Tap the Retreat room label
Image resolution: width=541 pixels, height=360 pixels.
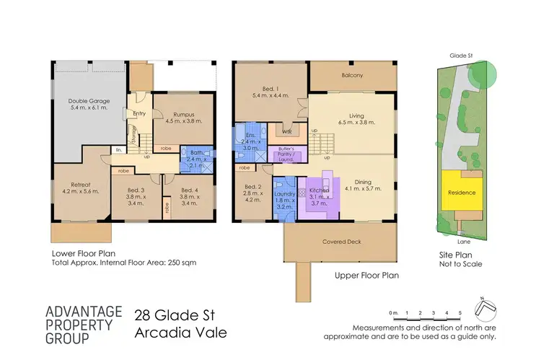[x=75, y=188]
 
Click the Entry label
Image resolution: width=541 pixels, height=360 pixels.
[x=141, y=113]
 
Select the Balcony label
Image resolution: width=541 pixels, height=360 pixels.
[x=353, y=75]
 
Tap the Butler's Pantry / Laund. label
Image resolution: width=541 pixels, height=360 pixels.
[x=293, y=154]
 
